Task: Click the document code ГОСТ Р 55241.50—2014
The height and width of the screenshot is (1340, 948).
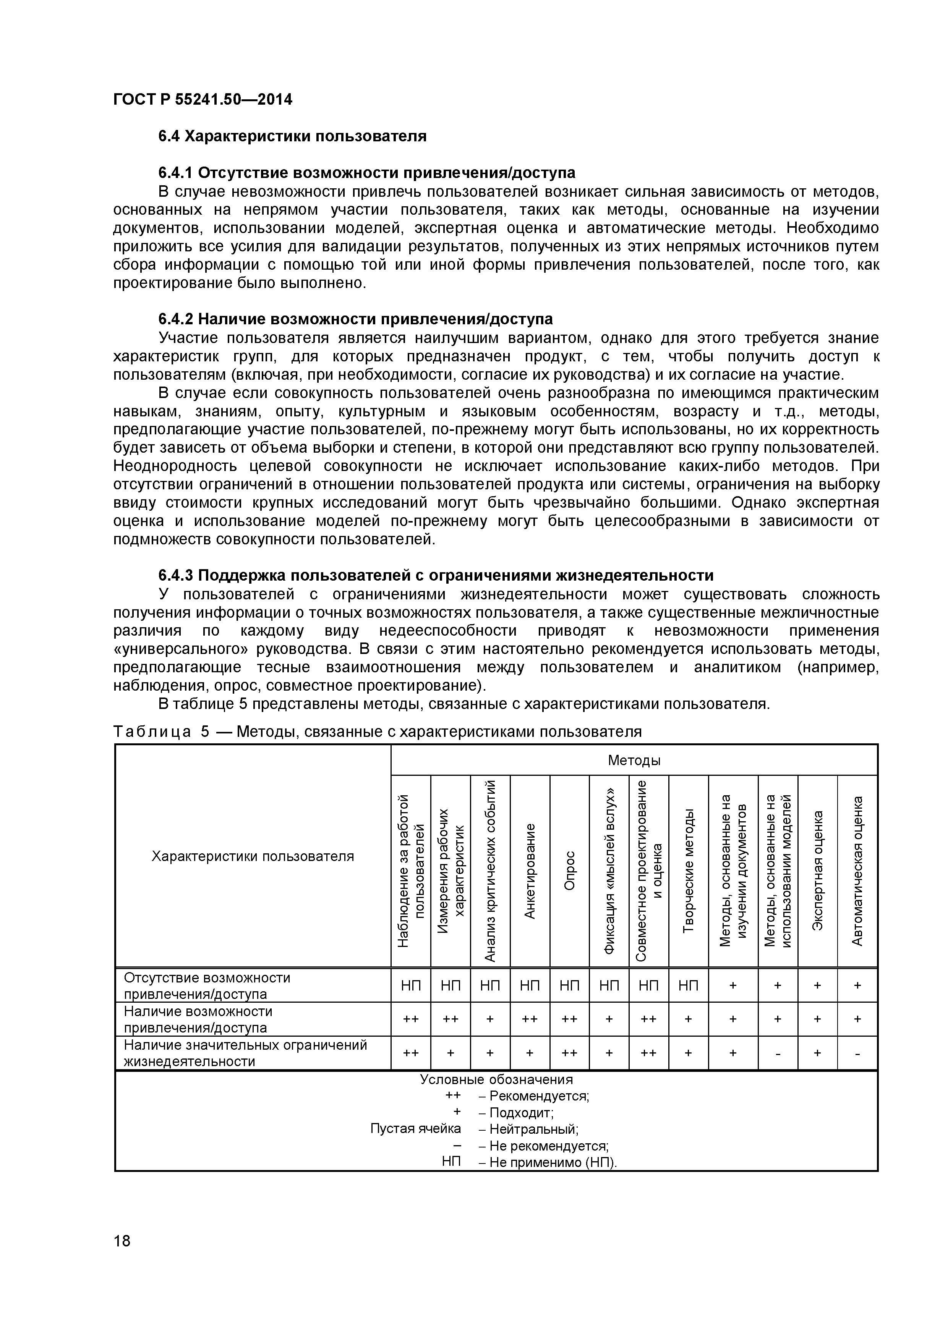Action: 203,100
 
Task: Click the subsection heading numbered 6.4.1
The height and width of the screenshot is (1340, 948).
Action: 366,173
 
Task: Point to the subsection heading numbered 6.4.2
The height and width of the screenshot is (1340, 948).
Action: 355,319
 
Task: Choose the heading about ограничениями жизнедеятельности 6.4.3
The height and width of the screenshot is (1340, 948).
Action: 436,575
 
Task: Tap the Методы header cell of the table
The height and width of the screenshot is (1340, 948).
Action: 634,760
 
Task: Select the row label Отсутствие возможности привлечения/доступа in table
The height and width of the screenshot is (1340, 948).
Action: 207,986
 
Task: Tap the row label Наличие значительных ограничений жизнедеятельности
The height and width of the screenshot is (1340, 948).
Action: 245,1053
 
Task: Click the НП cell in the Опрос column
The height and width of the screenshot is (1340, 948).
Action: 570,986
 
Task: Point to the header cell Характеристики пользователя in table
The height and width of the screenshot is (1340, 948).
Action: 253,856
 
